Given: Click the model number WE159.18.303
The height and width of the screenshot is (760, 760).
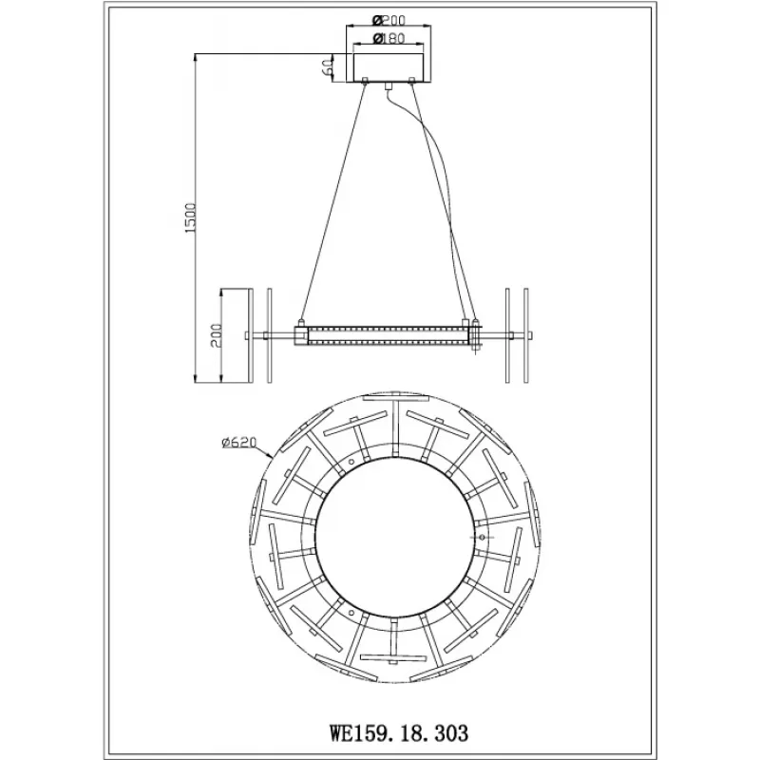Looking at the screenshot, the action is tap(399, 732).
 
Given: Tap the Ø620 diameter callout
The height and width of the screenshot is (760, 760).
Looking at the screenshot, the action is tap(239, 443).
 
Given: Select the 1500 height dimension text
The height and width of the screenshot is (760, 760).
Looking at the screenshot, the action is tap(191, 218).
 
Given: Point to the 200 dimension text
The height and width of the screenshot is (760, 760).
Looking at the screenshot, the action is tap(217, 335).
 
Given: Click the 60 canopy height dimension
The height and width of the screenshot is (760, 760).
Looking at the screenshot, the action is tap(328, 66).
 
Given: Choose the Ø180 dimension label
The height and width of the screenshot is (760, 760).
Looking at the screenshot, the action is tap(389, 38).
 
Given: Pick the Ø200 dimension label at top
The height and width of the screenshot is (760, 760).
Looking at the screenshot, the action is tap(389, 20).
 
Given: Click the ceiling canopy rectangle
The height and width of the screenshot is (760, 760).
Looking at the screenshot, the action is tap(389, 67).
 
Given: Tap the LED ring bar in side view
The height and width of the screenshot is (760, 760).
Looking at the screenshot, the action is tap(388, 335).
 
